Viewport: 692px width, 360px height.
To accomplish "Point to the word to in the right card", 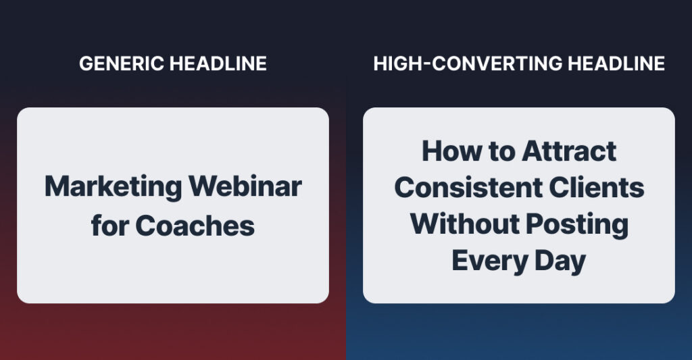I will point(495,151).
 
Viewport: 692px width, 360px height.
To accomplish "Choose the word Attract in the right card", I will point(568,151).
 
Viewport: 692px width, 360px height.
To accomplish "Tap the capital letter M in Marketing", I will point(55,187).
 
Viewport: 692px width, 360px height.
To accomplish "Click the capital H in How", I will point(432,151).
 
